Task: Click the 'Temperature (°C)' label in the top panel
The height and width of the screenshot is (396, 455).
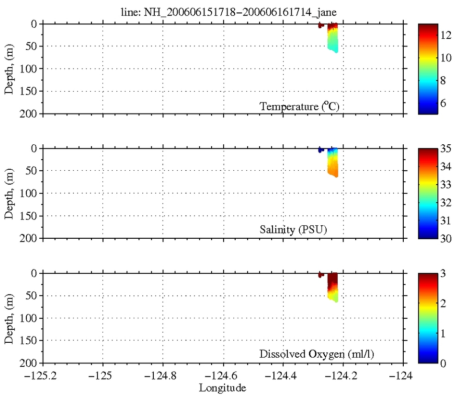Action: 300,106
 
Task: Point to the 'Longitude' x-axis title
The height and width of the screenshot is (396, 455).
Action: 223,387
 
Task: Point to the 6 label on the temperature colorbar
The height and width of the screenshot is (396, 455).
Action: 444,103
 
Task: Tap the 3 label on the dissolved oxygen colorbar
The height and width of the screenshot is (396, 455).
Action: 444,273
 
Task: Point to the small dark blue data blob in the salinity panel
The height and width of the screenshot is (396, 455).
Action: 320,150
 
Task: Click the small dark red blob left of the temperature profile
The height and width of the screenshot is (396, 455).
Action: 320,25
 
